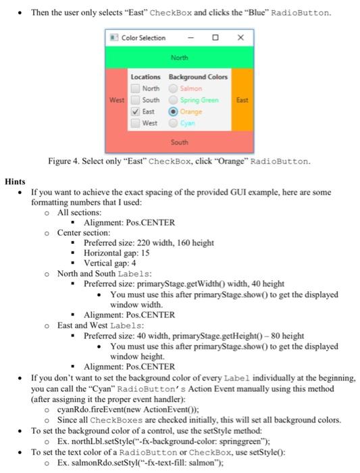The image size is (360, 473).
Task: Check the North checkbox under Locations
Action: point(136,88)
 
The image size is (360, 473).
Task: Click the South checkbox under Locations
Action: point(136,100)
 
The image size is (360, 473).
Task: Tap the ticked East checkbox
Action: point(136,111)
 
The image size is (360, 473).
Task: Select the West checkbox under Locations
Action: point(136,123)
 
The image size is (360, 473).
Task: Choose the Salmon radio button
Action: point(174,88)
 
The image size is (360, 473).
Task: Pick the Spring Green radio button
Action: point(174,100)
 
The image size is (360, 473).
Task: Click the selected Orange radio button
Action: point(174,111)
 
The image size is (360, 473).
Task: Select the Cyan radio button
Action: point(174,123)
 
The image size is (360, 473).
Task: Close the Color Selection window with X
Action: point(240,37)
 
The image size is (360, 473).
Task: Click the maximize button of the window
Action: point(215,37)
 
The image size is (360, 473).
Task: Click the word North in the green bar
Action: point(179,57)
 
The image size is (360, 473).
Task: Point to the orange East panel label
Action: point(242,99)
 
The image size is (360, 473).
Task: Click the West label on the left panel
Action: point(117,99)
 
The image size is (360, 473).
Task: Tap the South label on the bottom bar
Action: point(179,143)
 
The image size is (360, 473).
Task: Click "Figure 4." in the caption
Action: point(64,161)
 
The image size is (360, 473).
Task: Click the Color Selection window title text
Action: point(143,38)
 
